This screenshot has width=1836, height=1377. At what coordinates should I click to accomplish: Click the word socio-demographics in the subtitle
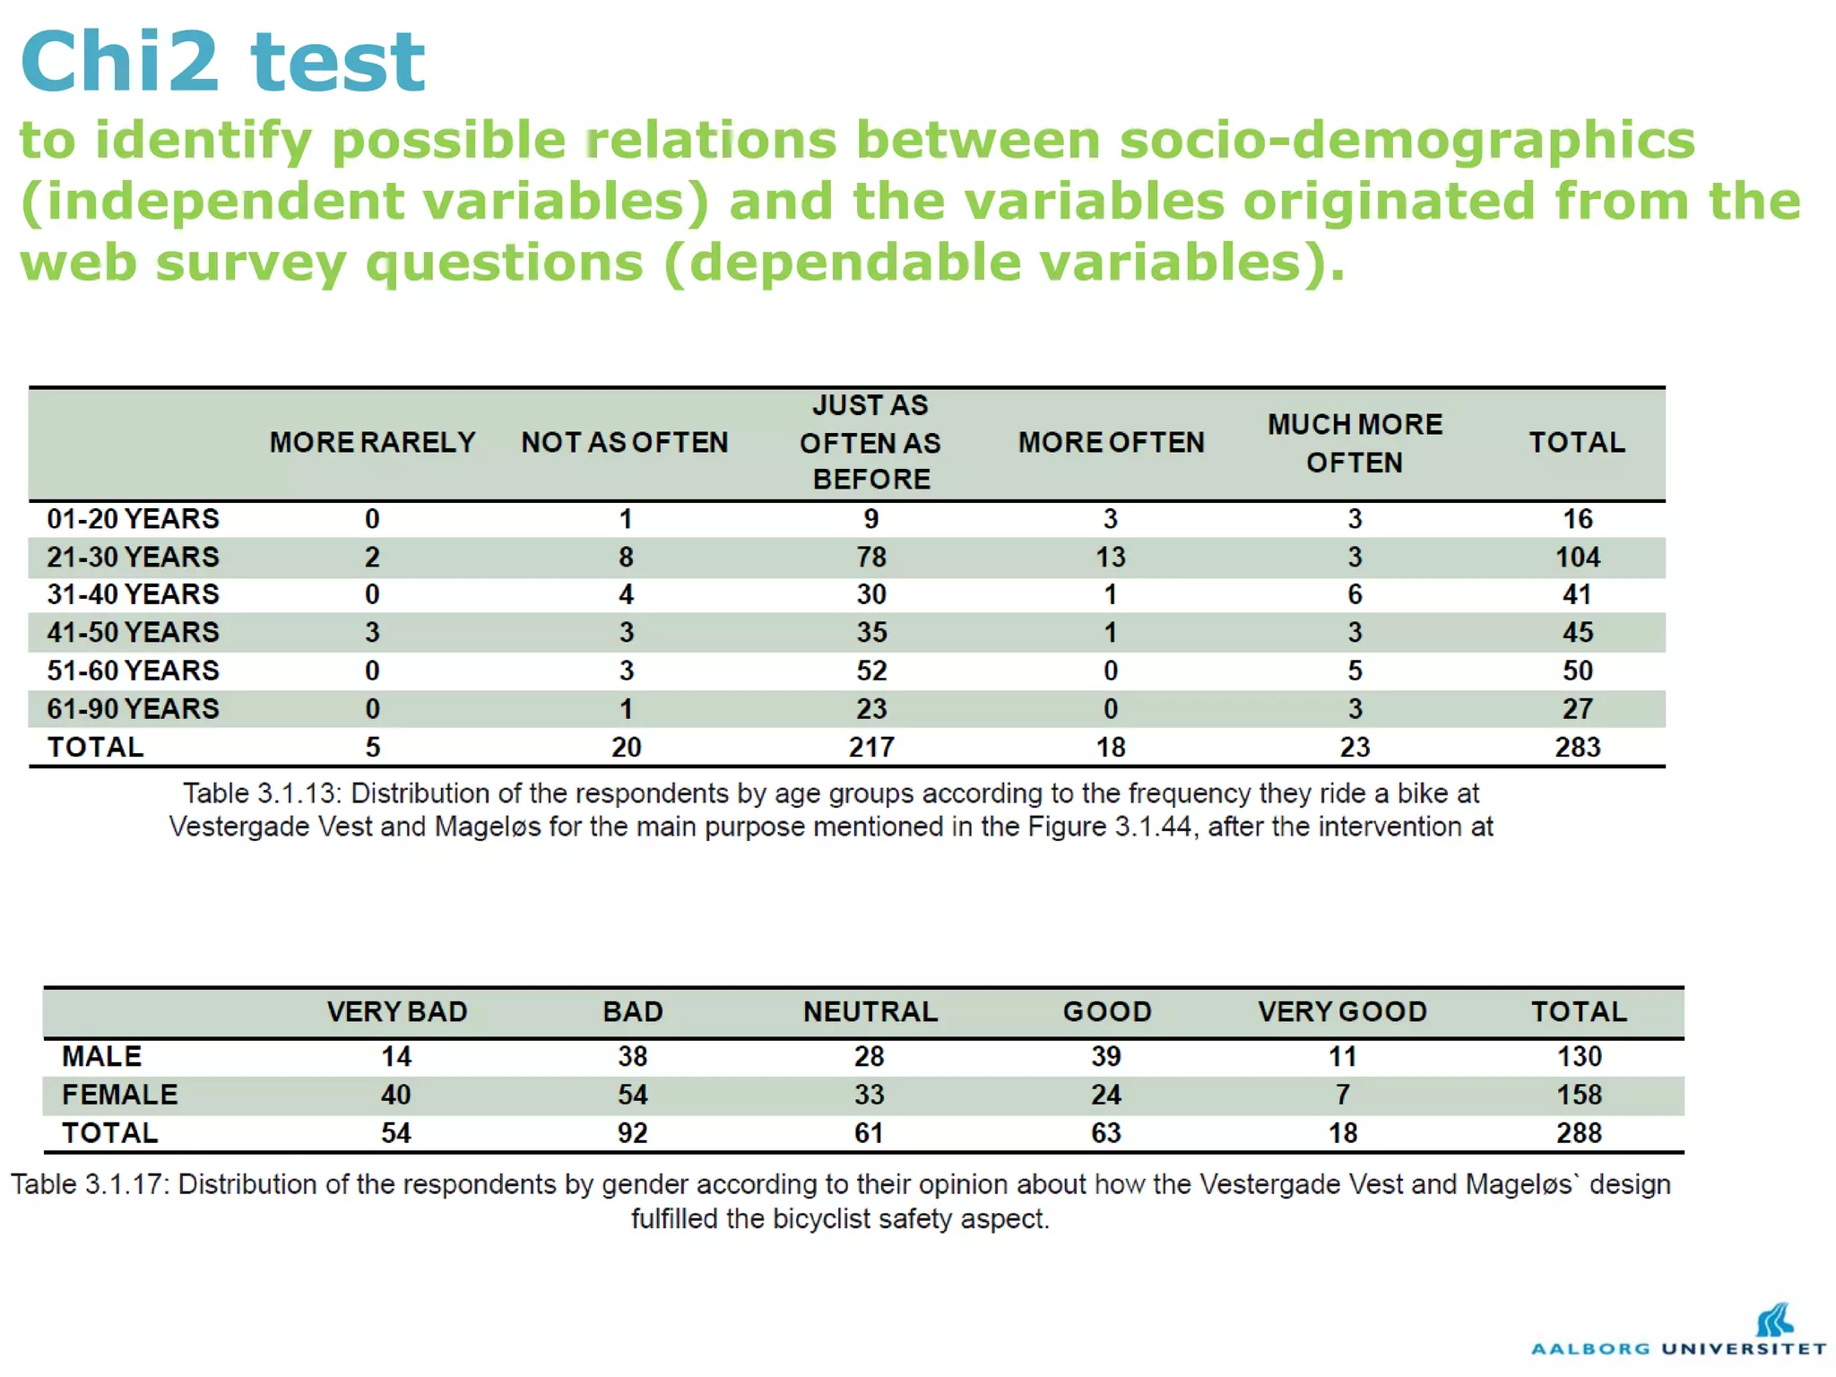[x=1407, y=141]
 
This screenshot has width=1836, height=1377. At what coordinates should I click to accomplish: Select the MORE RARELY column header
[x=372, y=442]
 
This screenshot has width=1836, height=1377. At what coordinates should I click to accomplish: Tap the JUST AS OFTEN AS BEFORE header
[x=870, y=442]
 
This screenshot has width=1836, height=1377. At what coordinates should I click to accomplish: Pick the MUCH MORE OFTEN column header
[x=1355, y=443]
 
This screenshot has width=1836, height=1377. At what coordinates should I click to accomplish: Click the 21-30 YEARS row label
[x=133, y=557]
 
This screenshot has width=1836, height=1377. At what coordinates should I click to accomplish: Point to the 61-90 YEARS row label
[x=133, y=709]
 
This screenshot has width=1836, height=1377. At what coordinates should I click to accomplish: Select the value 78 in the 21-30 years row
[x=870, y=557]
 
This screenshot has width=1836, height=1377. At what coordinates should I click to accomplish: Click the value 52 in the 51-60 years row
[x=870, y=671]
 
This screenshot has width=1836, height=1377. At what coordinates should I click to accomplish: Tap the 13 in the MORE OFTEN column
[x=1110, y=557]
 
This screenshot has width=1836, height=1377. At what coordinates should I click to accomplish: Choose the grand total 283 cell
[x=1577, y=747]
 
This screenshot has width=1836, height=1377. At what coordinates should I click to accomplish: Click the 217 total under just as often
[x=870, y=747]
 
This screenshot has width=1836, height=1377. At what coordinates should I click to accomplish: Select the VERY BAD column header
[x=396, y=1011]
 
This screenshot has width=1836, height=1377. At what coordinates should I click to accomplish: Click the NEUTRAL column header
[x=870, y=1011]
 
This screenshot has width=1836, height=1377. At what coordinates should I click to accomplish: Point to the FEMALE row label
[x=119, y=1095]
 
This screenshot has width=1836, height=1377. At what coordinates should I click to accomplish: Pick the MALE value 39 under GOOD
[x=1106, y=1056]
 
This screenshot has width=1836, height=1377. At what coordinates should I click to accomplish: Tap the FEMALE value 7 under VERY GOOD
[x=1342, y=1095]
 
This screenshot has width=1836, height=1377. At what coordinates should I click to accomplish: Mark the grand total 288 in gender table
[x=1579, y=1133]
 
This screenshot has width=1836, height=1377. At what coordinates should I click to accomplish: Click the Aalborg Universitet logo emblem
[x=1774, y=1320]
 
